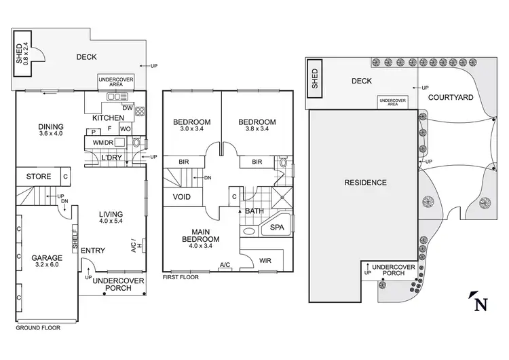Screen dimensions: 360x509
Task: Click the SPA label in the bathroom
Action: point(277,227)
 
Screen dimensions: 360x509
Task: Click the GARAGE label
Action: point(46,258)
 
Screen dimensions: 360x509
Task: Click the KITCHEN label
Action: point(108,118)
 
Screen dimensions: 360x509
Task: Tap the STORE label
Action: point(39,177)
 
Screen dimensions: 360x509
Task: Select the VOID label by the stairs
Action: point(181,197)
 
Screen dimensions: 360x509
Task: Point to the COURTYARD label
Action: point(451,97)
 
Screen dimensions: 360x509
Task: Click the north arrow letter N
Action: point(480,304)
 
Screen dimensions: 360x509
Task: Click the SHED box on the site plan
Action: point(314,78)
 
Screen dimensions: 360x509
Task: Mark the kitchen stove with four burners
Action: point(140,111)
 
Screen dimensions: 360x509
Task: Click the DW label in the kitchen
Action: point(127,107)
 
